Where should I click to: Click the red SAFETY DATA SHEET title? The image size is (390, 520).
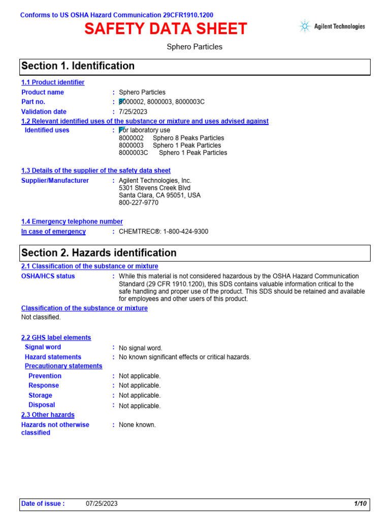pyautogui.click(x=166, y=29)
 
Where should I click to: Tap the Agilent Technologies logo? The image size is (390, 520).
pyautogui.click(x=332, y=27)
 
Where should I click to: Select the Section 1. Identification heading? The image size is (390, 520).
pyautogui.click(x=78, y=66)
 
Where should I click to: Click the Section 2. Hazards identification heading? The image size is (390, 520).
pyautogui.click(x=99, y=253)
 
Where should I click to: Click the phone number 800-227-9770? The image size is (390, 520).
pyautogui.click(x=139, y=203)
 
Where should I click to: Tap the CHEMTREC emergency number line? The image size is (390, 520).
pyautogui.click(x=163, y=232)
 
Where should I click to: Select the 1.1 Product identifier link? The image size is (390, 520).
pyautogui.click(x=53, y=82)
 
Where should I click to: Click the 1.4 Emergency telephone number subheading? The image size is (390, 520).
pyautogui.click(x=72, y=221)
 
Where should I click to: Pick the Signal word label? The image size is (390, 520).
pyautogui.click(x=43, y=347)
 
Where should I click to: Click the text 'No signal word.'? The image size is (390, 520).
pyautogui.click(x=141, y=348)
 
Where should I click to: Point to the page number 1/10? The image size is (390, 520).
pyautogui.click(x=361, y=504)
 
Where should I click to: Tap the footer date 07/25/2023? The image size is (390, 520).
pyautogui.click(x=102, y=504)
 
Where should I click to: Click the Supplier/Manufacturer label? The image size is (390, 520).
pyautogui.click(x=55, y=181)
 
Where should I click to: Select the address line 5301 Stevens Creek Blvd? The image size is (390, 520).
pyautogui.click(x=154, y=188)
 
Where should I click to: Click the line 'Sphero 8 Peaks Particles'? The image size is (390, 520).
pyautogui.click(x=188, y=138)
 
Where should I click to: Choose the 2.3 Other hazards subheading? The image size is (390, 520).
pyautogui.click(x=48, y=415)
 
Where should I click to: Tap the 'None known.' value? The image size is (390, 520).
pyautogui.click(x=137, y=425)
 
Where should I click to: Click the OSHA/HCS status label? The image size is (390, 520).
pyautogui.click(x=48, y=276)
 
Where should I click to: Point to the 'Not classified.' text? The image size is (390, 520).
pyautogui.click(x=41, y=317)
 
